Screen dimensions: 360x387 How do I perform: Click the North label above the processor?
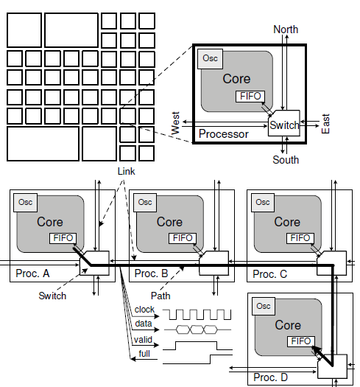[286, 29]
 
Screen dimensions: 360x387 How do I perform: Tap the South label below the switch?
[286, 160]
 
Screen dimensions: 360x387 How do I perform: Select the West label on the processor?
[175, 123]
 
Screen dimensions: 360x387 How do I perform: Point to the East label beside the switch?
[325, 124]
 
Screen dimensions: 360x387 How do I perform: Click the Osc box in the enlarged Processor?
[210, 59]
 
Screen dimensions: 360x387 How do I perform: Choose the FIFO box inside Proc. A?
[63, 238]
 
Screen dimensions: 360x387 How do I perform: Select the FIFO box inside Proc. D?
[301, 341]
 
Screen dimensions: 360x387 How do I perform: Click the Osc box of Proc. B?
[145, 203]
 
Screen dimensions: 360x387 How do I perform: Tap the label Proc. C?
[269, 274]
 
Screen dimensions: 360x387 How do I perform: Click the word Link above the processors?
[126, 171]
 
